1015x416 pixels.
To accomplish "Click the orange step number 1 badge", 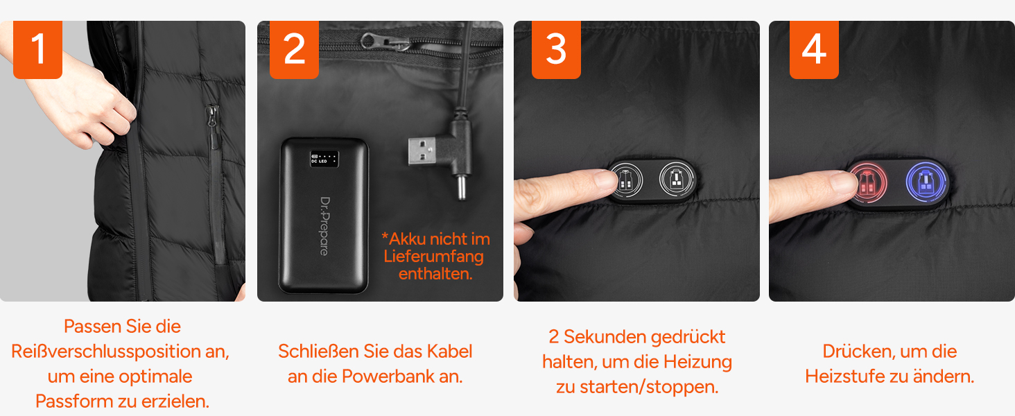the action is pyautogui.click(x=37, y=49).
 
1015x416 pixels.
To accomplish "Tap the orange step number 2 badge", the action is pyautogui.click(x=294, y=49).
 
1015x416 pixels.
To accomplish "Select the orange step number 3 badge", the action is pyautogui.click(x=556, y=49).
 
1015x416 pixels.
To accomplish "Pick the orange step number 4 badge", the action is pyautogui.click(x=814, y=49).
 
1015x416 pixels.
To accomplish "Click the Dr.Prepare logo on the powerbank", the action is pyautogui.click(x=325, y=226).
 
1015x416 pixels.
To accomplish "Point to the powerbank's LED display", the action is pyautogui.click(x=324, y=159).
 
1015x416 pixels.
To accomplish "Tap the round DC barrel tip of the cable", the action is pyautogui.click(x=461, y=187).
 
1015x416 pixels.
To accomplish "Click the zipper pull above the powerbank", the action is pyautogui.click(x=385, y=42).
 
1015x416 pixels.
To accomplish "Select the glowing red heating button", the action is pyautogui.click(x=868, y=183).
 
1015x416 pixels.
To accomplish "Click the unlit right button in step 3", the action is pyautogui.click(x=677, y=180).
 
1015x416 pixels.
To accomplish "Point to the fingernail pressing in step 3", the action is pyautogui.click(x=605, y=180).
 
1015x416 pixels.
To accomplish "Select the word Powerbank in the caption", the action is pyautogui.click(x=388, y=376).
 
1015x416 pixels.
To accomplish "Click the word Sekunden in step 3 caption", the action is pyautogui.click(x=605, y=337).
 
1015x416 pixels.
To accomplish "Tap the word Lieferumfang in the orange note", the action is pyautogui.click(x=433, y=257).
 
